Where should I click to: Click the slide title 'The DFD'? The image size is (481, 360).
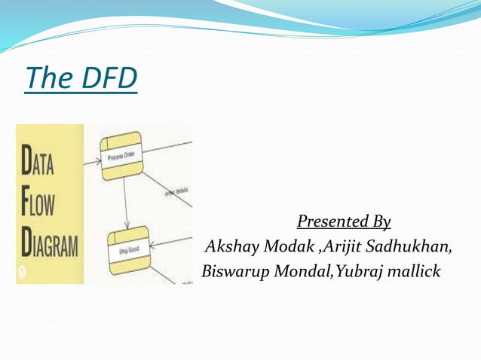pos(81,78)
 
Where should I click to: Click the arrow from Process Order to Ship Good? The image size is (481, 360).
pos(127,203)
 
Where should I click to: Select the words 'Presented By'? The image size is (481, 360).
pos(344,221)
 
